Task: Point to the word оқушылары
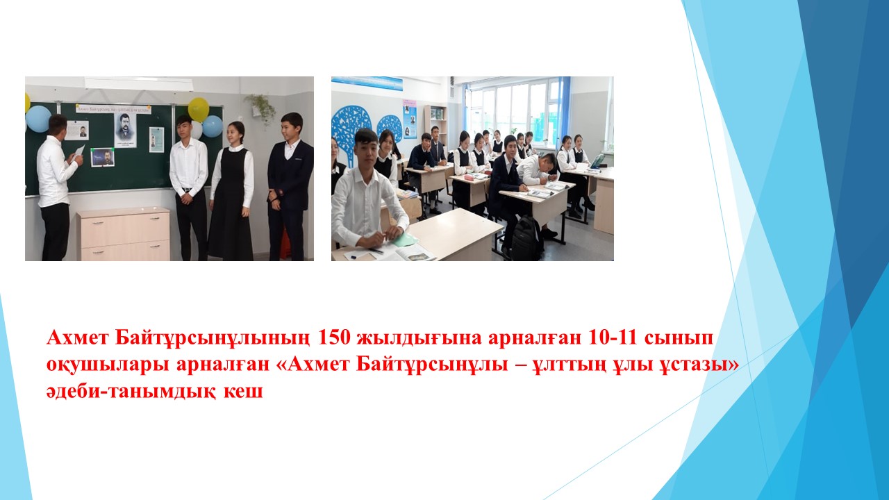(x=108, y=365)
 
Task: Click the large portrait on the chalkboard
(x=125, y=130)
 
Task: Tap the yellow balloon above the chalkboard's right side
(x=199, y=110)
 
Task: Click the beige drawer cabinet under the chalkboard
(x=124, y=235)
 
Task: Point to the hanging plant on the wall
(x=261, y=108)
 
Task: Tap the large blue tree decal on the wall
(x=352, y=131)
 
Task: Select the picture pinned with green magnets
(x=102, y=157)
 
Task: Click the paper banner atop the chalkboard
(x=113, y=109)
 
